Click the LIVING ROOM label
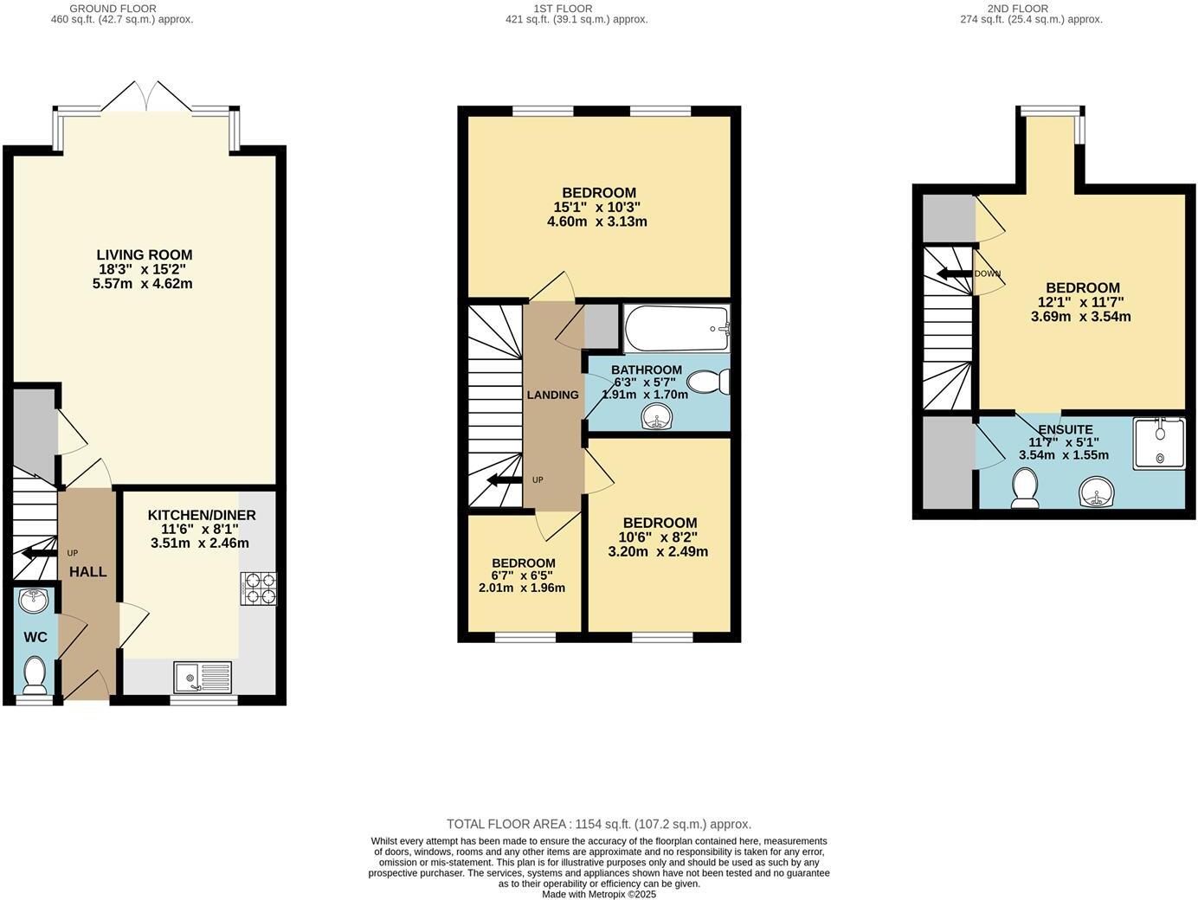coord(145,254)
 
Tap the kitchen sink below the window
coord(203,677)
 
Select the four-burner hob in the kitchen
coord(258,588)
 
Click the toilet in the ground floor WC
coord(35,675)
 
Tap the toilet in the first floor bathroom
coord(712,382)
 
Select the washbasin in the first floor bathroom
coord(658,419)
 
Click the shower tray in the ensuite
coord(1159,443)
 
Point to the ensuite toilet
coord(1025,489)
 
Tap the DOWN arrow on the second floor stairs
coord(955,273)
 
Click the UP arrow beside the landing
coord(504,479)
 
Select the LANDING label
coord(552,395)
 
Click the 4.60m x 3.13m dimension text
coord(597,222)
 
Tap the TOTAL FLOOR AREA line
coord(598,824)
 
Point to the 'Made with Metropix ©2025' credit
coord(598,894)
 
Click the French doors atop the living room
coord(146,96)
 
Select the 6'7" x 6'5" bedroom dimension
coord(522,575)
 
